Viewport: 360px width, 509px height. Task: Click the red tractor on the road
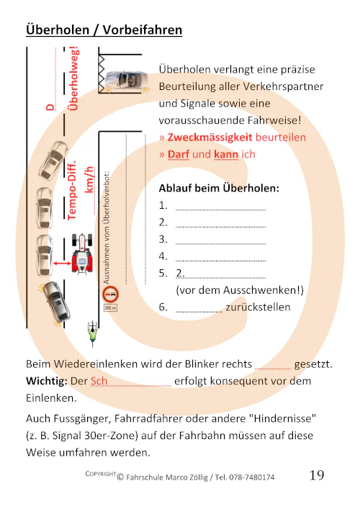point(84,254)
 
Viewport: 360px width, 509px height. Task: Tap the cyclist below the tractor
point(91,330)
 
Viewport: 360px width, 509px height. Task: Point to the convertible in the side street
point(125,80)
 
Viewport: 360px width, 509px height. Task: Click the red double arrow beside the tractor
point(60,264)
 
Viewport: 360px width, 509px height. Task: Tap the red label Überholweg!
point(73,80)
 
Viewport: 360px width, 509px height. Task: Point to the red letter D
point(50,107)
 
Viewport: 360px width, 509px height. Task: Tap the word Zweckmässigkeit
point(210,137)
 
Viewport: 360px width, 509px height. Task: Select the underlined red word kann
point(226,154)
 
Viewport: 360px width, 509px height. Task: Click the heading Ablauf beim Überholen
point(218,189)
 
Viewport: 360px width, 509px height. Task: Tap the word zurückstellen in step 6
point(258,307)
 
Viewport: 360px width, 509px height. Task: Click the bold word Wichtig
point(46,381)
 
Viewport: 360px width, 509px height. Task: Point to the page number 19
point(317,476)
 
